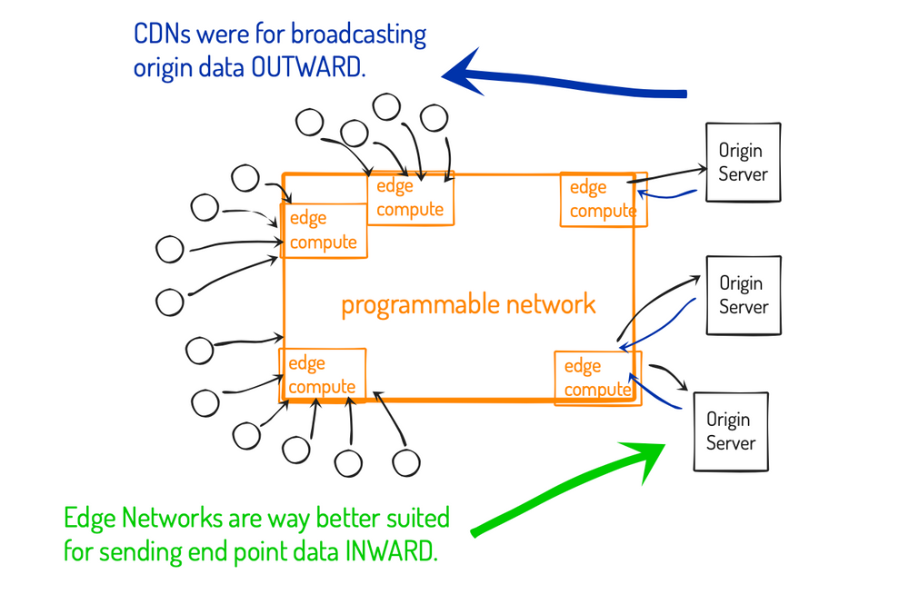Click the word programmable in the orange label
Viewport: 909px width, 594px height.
[x=408, y=304]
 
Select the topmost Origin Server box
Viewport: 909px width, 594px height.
[x=743, y=162]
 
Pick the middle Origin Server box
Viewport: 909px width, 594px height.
[x=743, y=295]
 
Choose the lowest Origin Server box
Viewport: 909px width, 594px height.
[x=730, y=431]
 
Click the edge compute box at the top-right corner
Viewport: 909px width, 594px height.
[x=603, y=200]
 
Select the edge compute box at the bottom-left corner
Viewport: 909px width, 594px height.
[x=322, y=374]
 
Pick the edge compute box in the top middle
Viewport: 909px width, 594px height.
[x=410, y=198]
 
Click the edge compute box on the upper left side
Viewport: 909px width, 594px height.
[x=323, y=231]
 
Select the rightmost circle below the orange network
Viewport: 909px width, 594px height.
[x=405, y=461]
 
